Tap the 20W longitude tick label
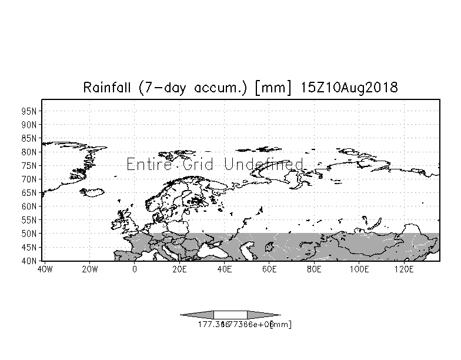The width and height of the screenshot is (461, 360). pyautogui.click(x=89, y=269)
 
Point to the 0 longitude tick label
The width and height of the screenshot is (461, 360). pyautogui.click(x=135, y=269)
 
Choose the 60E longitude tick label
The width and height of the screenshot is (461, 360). pyautogui.click(x=269, y=269)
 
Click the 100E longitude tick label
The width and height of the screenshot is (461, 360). pyautogui.click(x=359, y=269)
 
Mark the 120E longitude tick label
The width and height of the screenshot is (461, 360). pyautogui.click(x=404, y=269)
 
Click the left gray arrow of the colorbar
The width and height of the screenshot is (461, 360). pyautogui.click(x=197, y=315)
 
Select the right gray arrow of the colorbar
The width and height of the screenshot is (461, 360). pyautogui.click(x=263, y=315)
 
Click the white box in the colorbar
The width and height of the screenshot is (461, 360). pyautogui.click(x=230, y=315)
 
